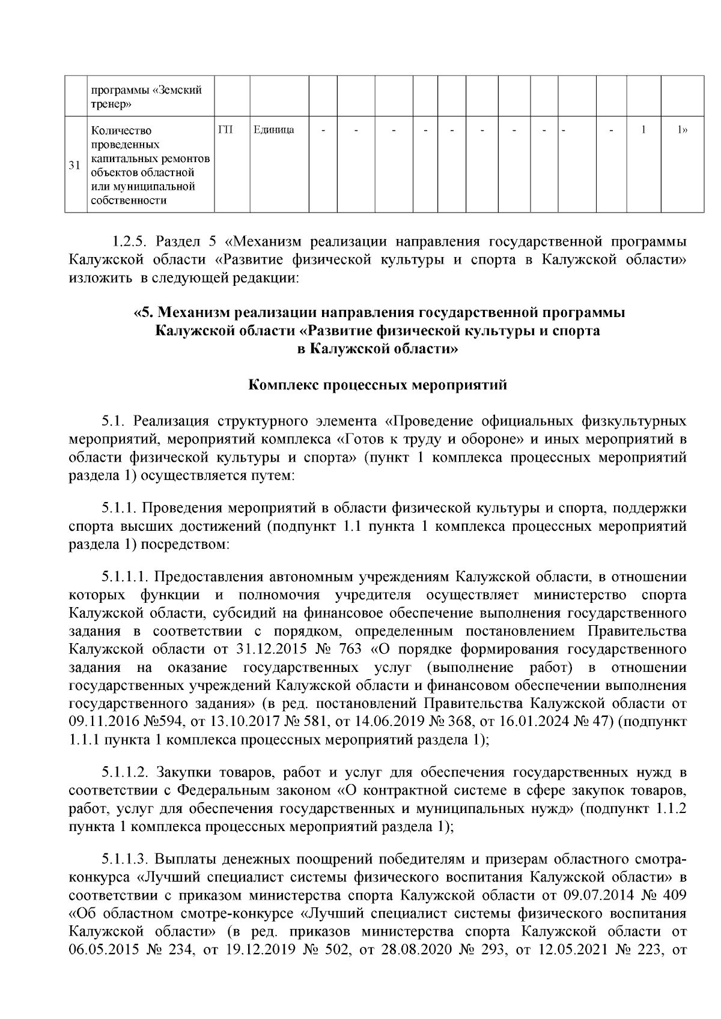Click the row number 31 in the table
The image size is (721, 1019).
pos(75,166)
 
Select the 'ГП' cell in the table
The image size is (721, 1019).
pos(225,130)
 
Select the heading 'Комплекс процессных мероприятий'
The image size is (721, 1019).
pos(378,384)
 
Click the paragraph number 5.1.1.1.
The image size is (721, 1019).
pos(125,577)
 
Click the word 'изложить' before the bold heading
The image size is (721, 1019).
pos(102,278)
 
